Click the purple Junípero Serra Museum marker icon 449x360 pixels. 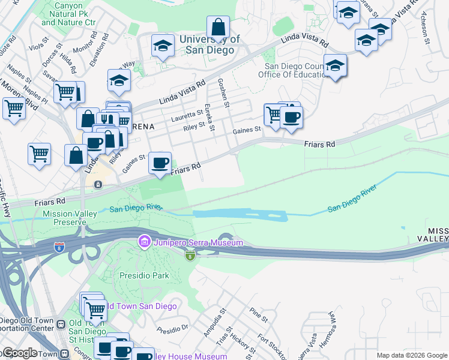coord(144,242)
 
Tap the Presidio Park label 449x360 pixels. coord(143,276)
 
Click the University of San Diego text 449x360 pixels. coord(209,45)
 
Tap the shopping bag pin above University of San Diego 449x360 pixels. coord(218,28)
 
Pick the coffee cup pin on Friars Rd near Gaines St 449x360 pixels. coord(160,163)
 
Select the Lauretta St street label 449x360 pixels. coord(187,113)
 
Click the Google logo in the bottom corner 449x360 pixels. coord(19,353)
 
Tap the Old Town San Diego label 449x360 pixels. coord(141,307)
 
